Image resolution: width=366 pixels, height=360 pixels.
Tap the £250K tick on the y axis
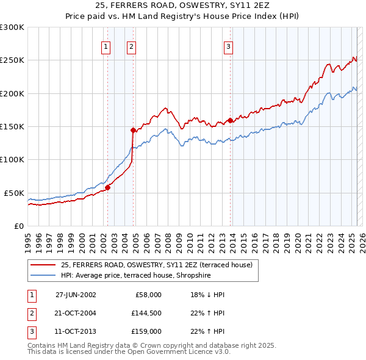point(12,60)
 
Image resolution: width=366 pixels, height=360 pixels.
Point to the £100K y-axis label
point(12,159)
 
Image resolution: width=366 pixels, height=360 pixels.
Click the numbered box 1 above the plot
point(106,46)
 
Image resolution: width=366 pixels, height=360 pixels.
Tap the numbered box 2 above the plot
point(131,46)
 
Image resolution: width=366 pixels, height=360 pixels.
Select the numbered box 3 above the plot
point(228,46)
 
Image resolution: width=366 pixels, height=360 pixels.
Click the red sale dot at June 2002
point(108,187)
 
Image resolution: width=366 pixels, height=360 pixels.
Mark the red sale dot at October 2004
point(133,130)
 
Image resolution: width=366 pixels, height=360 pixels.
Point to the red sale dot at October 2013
point(230,120)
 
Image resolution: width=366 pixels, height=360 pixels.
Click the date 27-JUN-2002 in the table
point(76,295)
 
